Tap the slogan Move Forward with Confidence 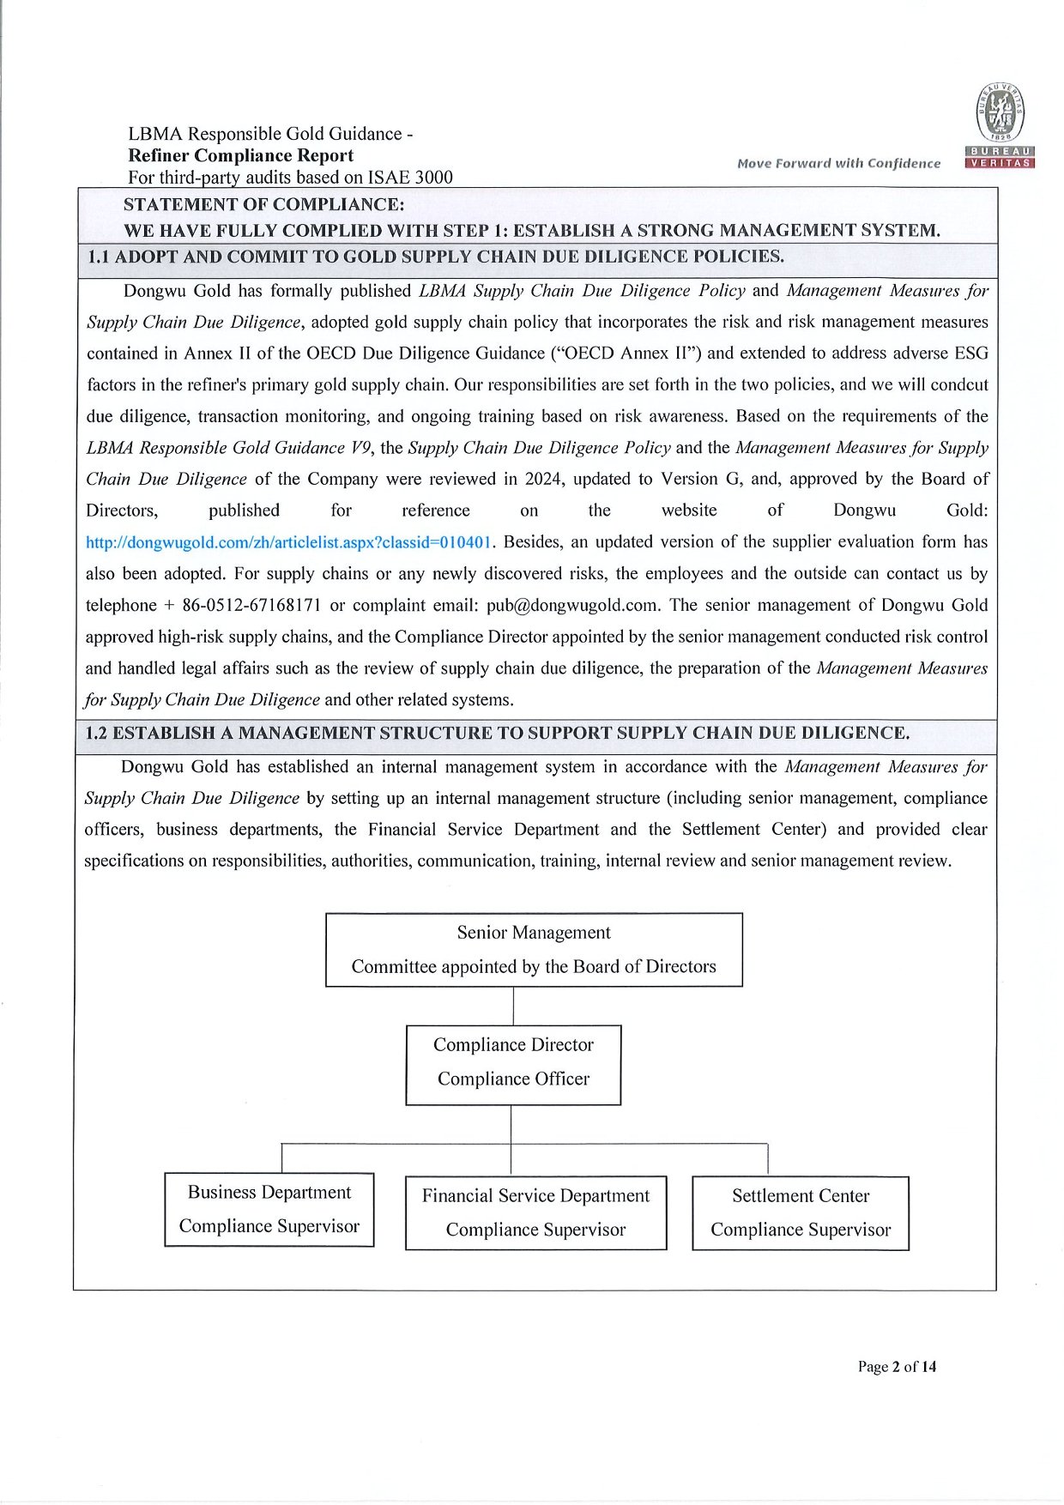click(838, 163)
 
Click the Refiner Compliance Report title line click(240, 155)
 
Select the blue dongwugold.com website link click(289, 542)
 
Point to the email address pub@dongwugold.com click(573, 605)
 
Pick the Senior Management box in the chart click(534, 950)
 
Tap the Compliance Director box click(513, 1064)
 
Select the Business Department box click(269, 1209)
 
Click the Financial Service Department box click(535, 1212)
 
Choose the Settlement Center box click(801, 1212)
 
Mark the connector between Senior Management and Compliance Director click(513, 1006)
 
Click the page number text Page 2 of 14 click(897, 1367)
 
